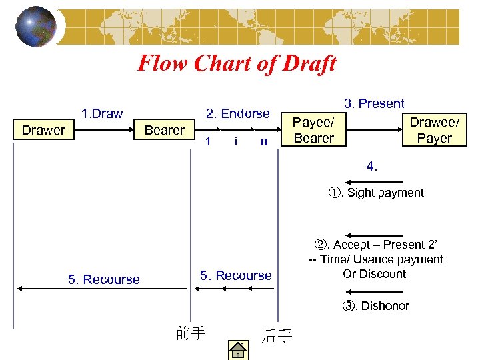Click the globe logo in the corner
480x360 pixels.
click(36, 27)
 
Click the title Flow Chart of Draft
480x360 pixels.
click(237, 63)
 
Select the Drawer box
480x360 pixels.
click(43, 130)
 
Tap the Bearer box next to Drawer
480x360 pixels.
click(165, 130)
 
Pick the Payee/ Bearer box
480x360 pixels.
click(314, 130)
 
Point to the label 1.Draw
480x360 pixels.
click(101, 113)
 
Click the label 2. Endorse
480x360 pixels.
click(238, 114)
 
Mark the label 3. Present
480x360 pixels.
click(374, 103)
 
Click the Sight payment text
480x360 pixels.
click(376, 193)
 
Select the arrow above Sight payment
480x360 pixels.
click(373, 181)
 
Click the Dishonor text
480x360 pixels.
click(376, 306)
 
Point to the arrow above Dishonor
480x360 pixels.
click(373, 291)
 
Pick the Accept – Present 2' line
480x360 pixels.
click(376, 245)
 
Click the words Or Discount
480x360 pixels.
click(374, 274)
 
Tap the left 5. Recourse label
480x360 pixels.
click(104, 279)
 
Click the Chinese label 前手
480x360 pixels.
click(190, 333)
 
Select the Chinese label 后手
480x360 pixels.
click(277, 335)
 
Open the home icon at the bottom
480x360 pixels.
click(237, 349)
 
